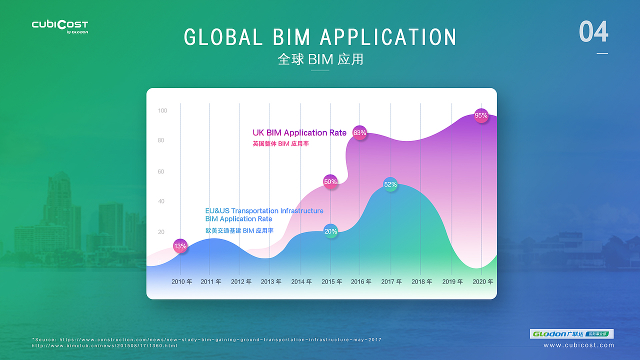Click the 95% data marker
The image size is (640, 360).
(481, 115)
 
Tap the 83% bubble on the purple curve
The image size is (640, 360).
(359, 133)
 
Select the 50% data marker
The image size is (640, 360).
(330, 182)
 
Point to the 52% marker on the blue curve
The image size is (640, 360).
(390, 184)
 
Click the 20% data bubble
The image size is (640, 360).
(330, 231)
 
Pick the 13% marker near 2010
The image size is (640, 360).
(180, 246)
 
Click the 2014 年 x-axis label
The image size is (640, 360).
(301, 282)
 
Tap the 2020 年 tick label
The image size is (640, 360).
(483, 282)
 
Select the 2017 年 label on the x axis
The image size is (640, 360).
(391, 282)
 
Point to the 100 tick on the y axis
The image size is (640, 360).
(162, 111)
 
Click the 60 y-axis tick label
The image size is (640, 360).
(161, 172)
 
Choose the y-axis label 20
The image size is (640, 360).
(161, 232)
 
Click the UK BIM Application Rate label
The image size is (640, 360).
(299, 133)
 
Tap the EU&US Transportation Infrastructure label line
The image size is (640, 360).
(264, 211)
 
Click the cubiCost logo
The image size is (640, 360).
(60, 25)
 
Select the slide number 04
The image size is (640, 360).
(593, 32)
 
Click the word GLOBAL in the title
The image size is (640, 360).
(223, 37)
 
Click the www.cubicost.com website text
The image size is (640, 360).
(578, 345)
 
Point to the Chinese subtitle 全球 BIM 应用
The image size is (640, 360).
(320, 59)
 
